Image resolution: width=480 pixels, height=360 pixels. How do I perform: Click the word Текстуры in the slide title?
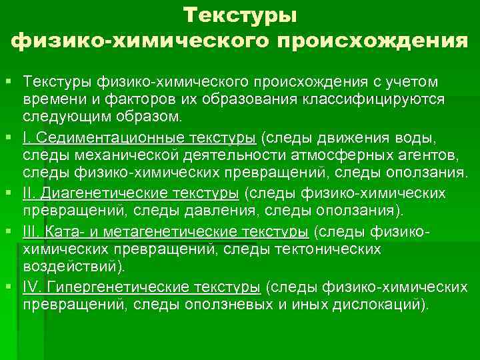[241, 15]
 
